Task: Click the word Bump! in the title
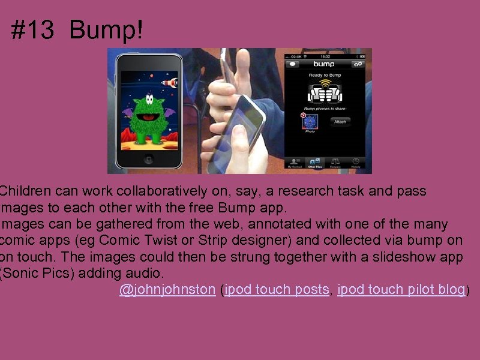106,30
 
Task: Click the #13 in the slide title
32,30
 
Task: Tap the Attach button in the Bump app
340,121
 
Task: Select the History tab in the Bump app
355,163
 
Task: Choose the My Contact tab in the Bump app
294,163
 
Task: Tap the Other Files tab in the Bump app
314,163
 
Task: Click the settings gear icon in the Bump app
358,64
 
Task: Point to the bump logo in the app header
324,64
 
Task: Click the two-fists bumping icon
325,92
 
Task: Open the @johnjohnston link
167,289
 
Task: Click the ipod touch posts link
277,289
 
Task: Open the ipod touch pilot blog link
401,289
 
